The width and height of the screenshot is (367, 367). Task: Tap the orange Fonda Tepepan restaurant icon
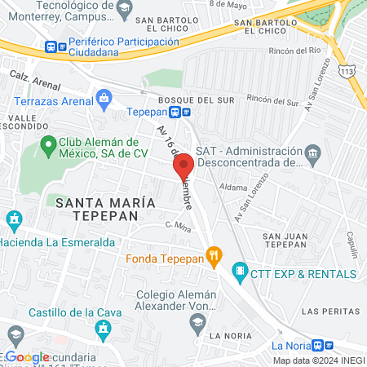click(214, 259)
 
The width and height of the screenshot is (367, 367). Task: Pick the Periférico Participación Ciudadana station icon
click(53, 47)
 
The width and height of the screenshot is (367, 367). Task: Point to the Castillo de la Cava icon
click(103, 328)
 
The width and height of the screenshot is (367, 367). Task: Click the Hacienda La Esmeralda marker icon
click(12, 220)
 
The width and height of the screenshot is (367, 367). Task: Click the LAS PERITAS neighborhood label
click(325, 312)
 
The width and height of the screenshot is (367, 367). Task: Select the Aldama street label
click(232, 186)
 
